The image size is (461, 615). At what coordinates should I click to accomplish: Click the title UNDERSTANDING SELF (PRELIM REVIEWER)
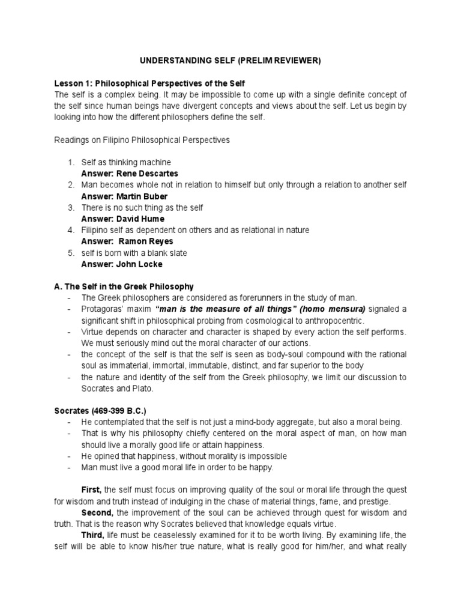pyautogui.click(x=230, y=61)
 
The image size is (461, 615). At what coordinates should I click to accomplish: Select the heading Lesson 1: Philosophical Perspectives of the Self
pyautogui.click(x=150, y=83)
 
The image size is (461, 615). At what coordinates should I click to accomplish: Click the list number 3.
pyautogui.click(x=70, y=208)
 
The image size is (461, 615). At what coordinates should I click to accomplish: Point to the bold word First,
pyautogui.click(x=92, y=490)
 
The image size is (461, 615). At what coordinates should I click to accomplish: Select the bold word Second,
pyautogui.click(x=97, y=513)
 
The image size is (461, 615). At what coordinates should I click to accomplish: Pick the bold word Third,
pyautogui.click(x=93, y=535)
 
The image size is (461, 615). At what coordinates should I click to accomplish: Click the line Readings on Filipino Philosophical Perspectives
pyautogui.click(x=142, y=140)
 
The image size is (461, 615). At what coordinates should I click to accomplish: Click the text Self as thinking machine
pyautogui.click(x=126, y=163)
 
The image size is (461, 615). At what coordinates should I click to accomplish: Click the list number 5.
pyautogui.click(x=70, y=253)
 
